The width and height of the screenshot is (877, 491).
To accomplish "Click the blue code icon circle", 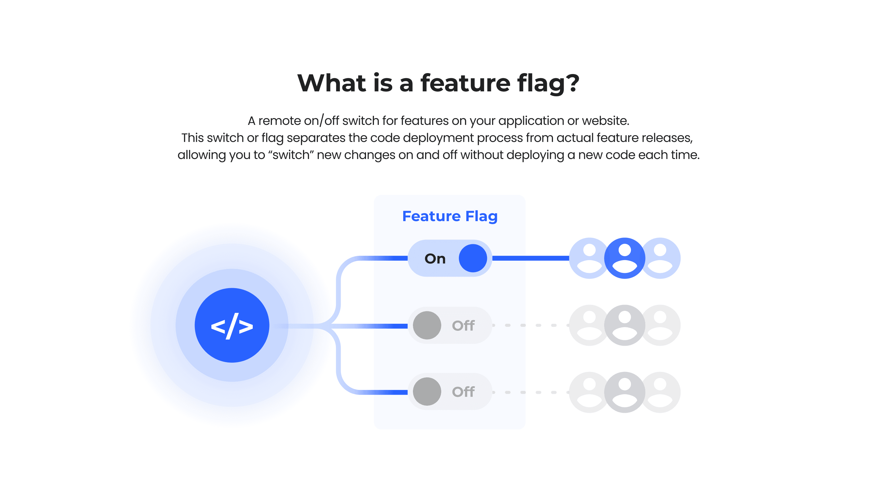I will (x=232, y=325).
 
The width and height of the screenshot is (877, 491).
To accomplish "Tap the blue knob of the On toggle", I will (x=473, y=258).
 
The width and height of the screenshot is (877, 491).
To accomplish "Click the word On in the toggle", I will (x=435, y=259).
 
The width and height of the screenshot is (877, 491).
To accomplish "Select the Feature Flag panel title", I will (x=449, y=216).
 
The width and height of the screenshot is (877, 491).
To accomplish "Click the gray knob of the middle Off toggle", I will (x=427, y=325).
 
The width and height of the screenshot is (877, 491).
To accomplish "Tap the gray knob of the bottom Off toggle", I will (x=427, y=392).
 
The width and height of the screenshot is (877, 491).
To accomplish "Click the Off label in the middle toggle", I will (x=463, y=326).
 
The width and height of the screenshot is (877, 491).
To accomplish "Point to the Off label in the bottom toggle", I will (x=463, y=392).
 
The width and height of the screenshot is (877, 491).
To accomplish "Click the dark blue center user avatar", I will (x=624, y=258).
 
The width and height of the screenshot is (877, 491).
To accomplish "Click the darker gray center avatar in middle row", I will (x=624, y=325).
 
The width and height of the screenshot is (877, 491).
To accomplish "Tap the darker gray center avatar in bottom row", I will (x=624, y=392).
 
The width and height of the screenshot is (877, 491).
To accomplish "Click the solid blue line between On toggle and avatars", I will (x=530, y=258).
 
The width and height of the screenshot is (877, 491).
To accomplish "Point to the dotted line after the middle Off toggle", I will (x=530, y=325).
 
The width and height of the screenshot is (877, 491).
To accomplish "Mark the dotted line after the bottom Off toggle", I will (x=530, y=392).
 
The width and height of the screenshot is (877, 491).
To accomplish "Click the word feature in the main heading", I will (x=465, y=83).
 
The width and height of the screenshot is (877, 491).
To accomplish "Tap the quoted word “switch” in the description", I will (x=291, y=155).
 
